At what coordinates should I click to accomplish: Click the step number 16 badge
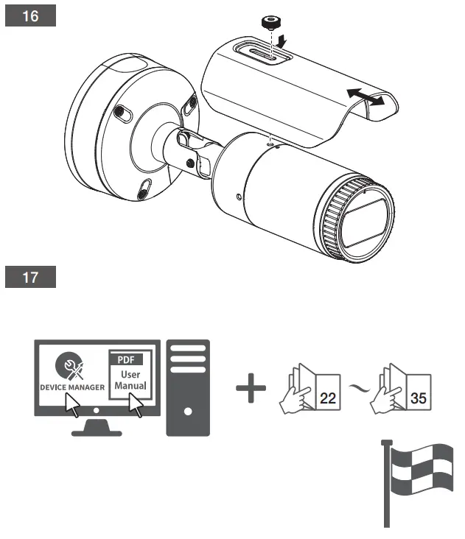click(x=31, y=16)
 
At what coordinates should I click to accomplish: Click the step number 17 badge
click(x=31, y=279)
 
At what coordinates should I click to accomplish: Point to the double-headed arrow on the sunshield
click(x=366, y=97)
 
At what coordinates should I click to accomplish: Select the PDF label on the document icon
click(x=126, y=360)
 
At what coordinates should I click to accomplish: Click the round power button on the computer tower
click(x=188, y=411)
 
